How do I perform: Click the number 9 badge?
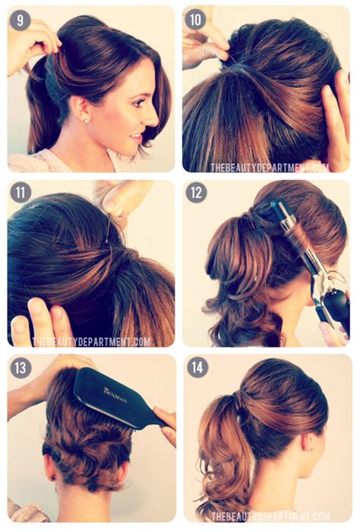click(x=20, y=20)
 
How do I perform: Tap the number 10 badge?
click(x=194, y=20)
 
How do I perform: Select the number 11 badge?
click(x=20, y=193)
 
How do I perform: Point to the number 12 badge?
click(x=195, y=193)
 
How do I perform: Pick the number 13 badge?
click(x=20, y=368)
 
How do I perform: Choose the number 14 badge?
click(x=195, y=368)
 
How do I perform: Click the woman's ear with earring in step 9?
click(x=84, y=113)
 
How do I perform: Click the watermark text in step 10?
click(x=270, y=166)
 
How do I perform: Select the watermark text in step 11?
click(x=91, y=342)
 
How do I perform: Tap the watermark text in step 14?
click(x=270, y=516)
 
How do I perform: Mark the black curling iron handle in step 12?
click(x=335, y=304)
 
